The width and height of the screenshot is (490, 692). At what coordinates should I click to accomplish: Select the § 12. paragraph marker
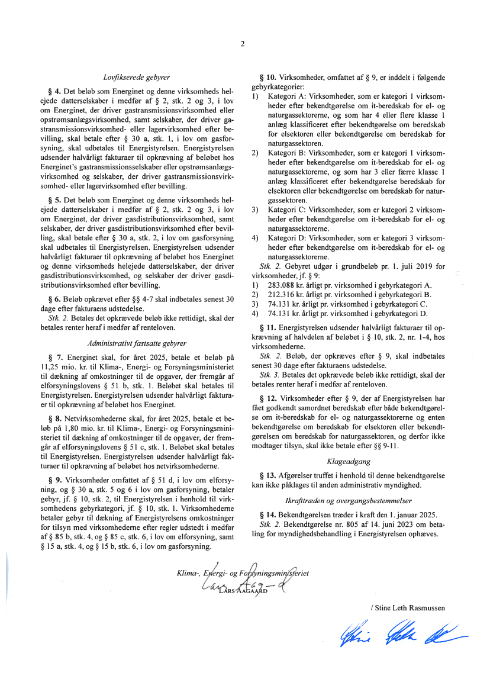pyautogui.click(x=267, y=398)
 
